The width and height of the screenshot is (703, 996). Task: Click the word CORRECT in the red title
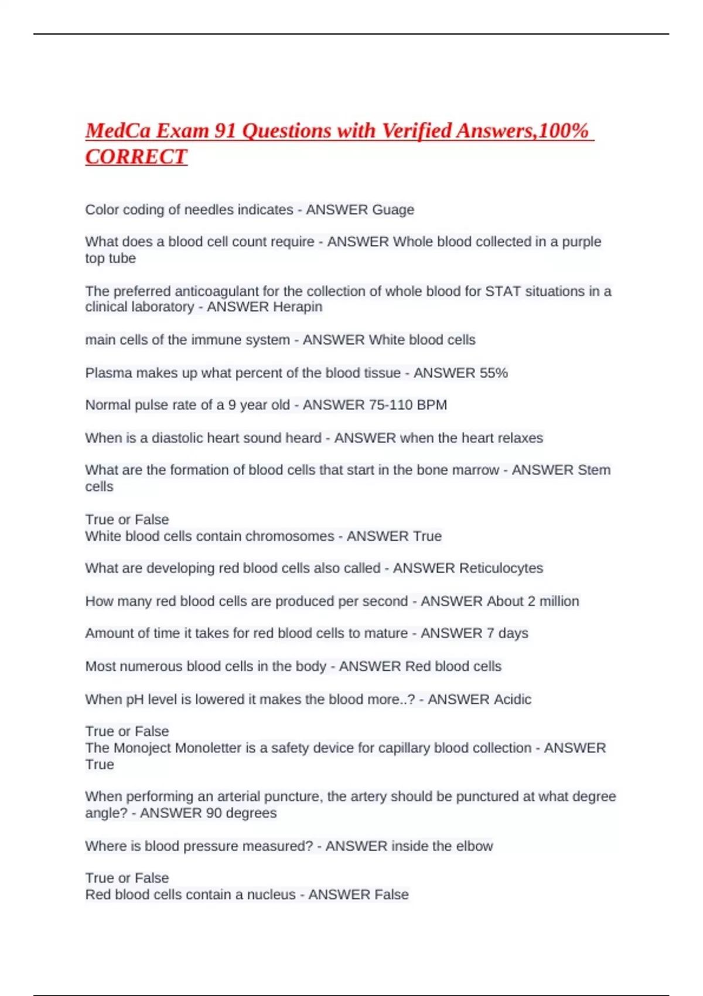click(136, 156)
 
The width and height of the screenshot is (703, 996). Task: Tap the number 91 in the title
click(225, 131)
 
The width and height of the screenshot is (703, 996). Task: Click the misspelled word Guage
click(393, 210)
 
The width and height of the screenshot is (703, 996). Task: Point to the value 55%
click(493, 373)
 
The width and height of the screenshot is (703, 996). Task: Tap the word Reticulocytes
click(501, 568)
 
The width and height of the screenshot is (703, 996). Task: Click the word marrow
click(477, 470)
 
